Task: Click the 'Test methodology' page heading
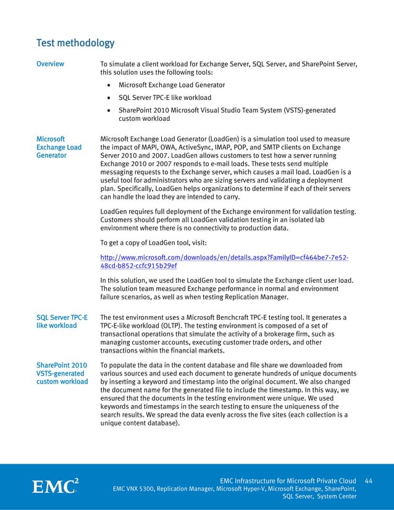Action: [x=75, y=43]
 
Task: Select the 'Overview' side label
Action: [x=50, y=64]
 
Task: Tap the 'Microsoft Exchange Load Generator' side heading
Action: [x=59, y=148]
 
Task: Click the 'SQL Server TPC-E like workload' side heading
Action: [x=62, y=322]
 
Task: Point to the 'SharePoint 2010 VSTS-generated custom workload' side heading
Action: [x=62, y=374]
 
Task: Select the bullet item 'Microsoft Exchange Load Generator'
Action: [x=172, y=85]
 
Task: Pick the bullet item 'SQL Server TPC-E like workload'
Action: [x=165, y=98]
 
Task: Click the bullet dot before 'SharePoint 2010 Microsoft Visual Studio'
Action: [x=109, y=111]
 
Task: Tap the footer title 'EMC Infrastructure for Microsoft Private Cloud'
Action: [x=288, y=480]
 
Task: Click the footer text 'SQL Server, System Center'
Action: [x=319, y=496]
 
